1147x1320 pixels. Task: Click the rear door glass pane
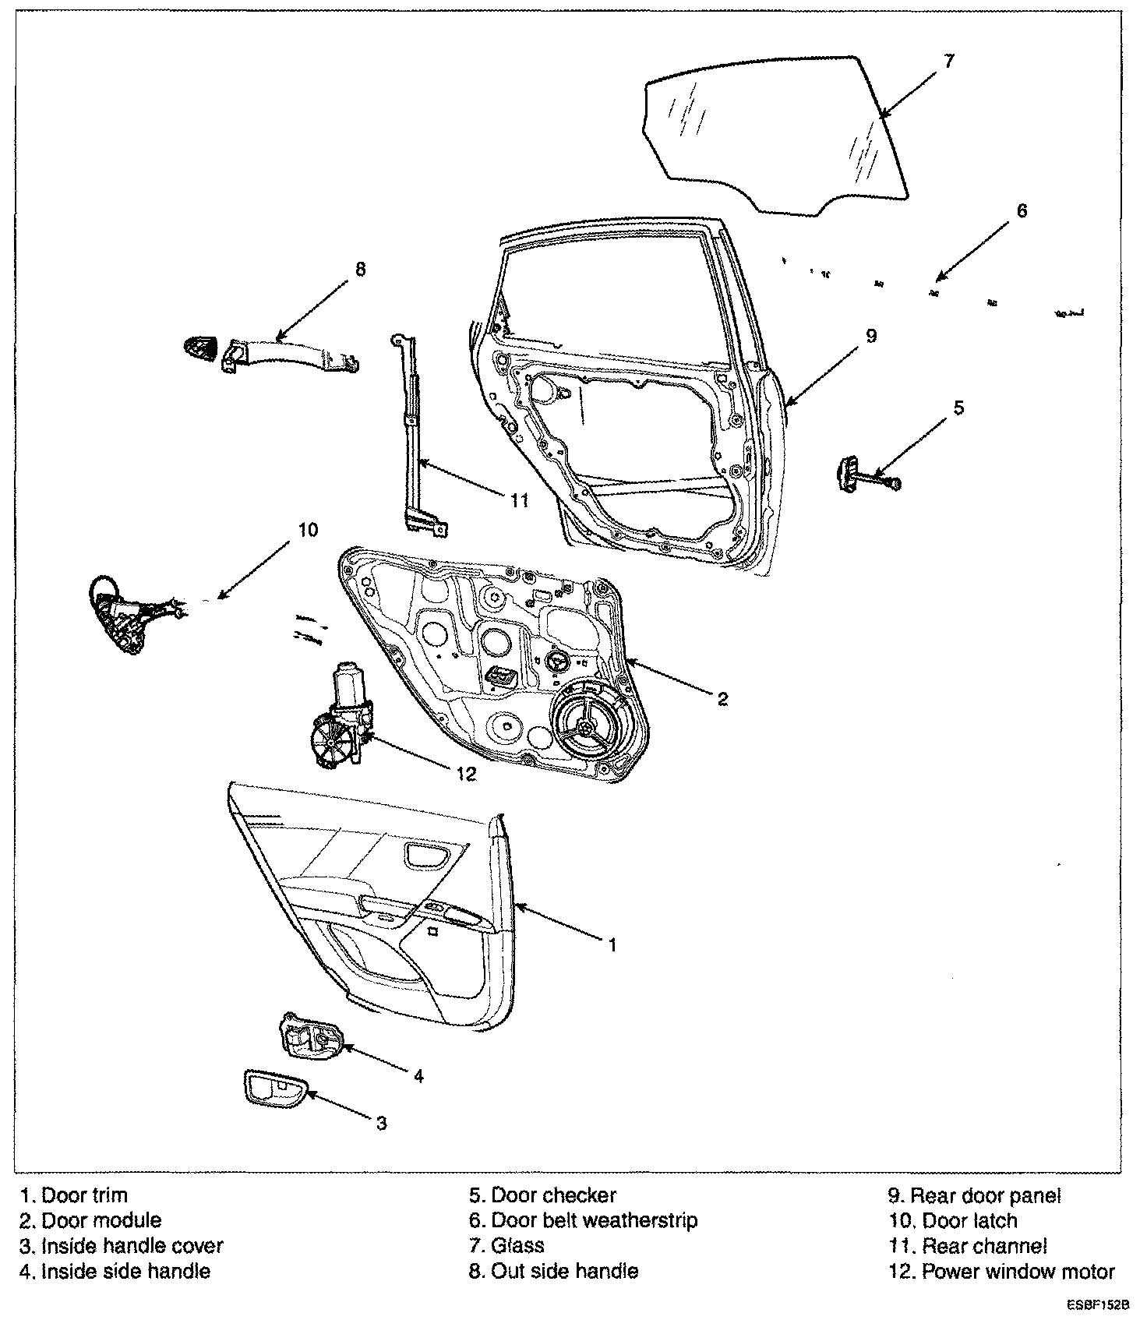[x=771, y=132]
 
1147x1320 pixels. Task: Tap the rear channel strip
[x=415, y=436]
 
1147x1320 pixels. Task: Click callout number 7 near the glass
[x=948, y=61]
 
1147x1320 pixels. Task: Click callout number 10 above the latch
[x=308, y=530]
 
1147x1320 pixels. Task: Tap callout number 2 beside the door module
[x=722, y=698]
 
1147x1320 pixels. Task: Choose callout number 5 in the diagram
[x=958, y=407]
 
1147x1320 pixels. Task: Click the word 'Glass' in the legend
[x=517, y=1245]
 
